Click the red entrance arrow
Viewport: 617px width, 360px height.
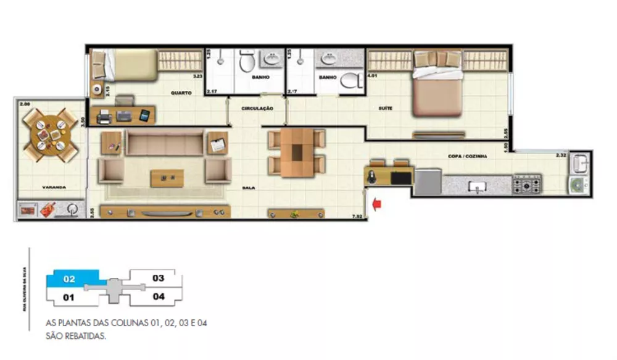[378, 203]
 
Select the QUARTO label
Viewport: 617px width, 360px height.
[181, 93]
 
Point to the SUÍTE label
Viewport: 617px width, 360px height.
[386, 109]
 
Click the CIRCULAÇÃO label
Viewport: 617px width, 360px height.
[257, 109]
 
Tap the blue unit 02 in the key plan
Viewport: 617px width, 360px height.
[70, 279]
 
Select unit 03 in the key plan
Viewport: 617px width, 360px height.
[158, 278]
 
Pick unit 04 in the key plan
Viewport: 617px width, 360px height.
[158, 296]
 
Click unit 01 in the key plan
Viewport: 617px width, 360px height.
[69, 298]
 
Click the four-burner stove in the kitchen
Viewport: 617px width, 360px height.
[528, 183]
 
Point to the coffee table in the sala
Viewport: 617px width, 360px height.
[167, 178]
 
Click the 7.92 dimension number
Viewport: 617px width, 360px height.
[357, 216]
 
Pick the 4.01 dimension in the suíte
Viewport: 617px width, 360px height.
[372, 75]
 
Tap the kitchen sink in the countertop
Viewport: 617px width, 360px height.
[476, 185]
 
